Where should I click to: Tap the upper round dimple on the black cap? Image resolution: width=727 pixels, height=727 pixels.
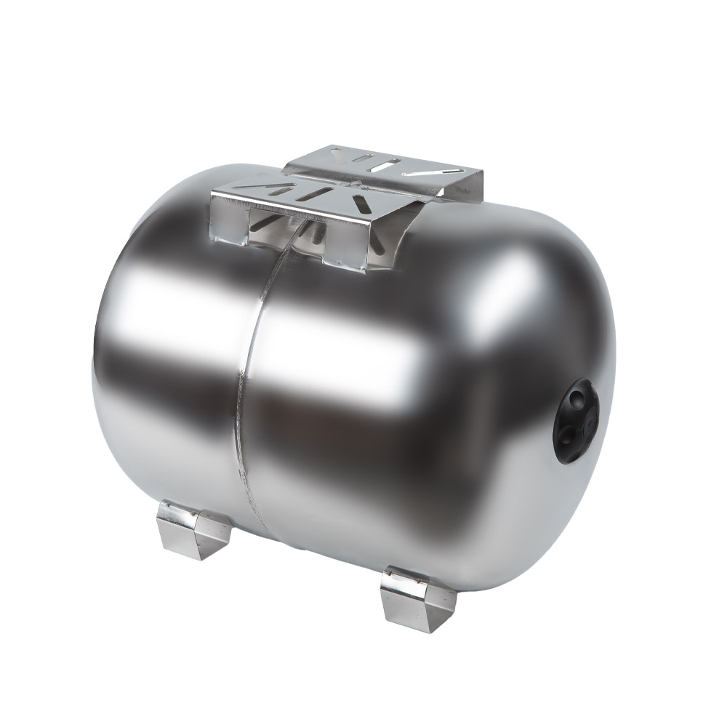[578, 398]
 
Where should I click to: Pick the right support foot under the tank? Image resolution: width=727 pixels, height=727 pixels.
[417, 598]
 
